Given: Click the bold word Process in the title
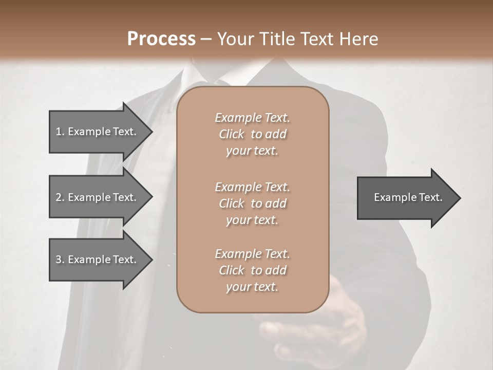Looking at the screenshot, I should [161, 39].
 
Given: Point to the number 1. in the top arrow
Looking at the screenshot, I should [60, 132].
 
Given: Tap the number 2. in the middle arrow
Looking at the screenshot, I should [60, 197].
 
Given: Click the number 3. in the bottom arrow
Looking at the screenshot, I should [60, 260].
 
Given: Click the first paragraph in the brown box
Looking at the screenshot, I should [252, 134].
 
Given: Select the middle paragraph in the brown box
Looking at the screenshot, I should [252, 203].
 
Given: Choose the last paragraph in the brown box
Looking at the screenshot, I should [252, 270].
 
